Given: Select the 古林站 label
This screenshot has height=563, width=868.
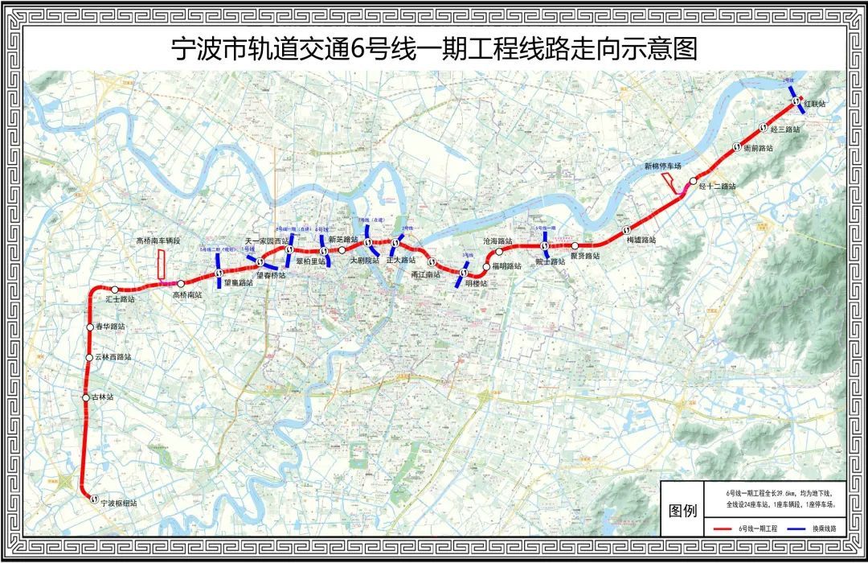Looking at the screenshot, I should click(104, 397).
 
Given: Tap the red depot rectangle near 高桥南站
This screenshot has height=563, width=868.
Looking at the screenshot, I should click(161, 265).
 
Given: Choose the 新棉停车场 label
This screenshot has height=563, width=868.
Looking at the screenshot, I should click(662, 166).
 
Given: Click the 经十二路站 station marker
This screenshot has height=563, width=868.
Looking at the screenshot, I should click(693, 183).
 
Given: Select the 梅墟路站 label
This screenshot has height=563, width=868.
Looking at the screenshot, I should click(641, 240).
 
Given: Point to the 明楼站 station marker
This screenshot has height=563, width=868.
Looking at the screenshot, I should click(464, 273).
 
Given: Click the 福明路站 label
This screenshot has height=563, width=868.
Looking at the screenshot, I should click(507, 267).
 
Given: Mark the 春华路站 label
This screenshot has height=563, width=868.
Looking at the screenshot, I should click(110, 327).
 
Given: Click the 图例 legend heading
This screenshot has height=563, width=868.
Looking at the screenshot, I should click(680, 512).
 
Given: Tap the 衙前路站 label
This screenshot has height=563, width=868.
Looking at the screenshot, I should click(757, 149).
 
